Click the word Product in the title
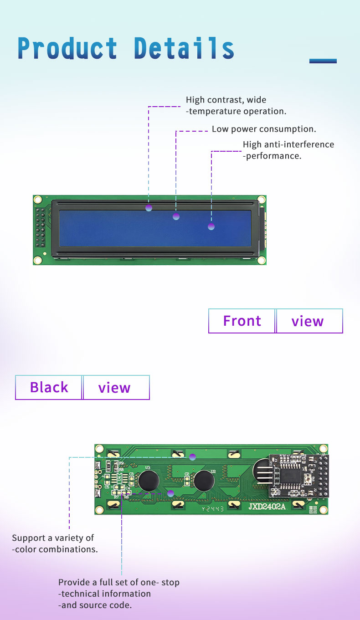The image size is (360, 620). click(67, 48)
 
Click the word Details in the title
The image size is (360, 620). click(184, 48)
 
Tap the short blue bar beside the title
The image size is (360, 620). click(323, 61)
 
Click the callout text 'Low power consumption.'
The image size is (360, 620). click(264, 129)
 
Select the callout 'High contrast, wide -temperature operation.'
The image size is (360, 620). click(236, 105)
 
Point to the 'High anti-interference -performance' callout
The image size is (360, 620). click(288, 150)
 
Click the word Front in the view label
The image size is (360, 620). click(242, 321)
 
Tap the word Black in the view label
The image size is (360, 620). click(49, 387)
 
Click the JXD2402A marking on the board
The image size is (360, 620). click(267, 507)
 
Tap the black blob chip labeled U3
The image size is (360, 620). click(149, 481)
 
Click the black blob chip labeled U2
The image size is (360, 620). click(204, 481)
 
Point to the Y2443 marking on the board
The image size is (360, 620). click(213, 509)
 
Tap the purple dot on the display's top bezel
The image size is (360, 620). click(149, 208)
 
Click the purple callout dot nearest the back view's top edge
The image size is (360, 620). click(192, 456)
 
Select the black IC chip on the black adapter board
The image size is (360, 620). click(288, 476)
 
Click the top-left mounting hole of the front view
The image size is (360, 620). click(38, 200)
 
